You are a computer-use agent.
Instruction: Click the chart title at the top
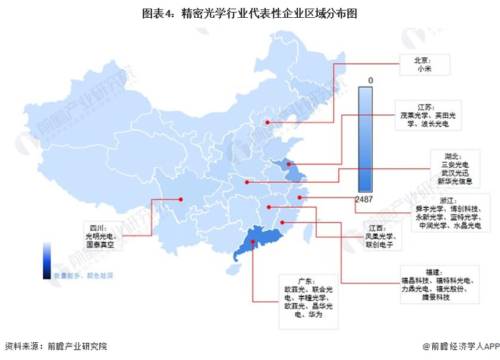coord(249,14)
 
